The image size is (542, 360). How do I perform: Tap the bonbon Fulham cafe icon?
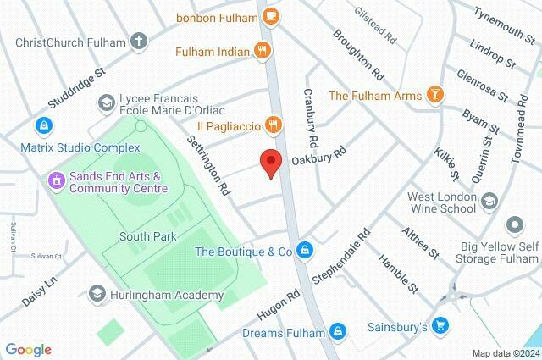pyautogui.click(x=270, y=15)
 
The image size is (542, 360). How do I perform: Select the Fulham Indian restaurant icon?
pyautogui.click(x=263, y=52)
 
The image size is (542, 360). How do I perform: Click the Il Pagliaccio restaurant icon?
pyautogui.click(x=272, y=125)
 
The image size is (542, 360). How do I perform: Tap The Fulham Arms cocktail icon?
pyautogui.click(x=434, y=95)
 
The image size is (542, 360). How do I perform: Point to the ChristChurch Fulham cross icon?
pyautogui.click(x=138, y=40)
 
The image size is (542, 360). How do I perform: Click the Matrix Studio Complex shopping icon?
pyautogui.click(x=41, y=125)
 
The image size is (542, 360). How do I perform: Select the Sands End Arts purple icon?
pyautogui.click(x=56, y=179)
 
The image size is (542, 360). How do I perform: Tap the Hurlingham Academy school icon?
pyautogui.click(x=97, y=295)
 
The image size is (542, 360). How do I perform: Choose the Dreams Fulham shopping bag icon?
pyautogui.click(x=338, y=332)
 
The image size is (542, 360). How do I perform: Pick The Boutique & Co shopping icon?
pyautogui.click(x=305, y=252)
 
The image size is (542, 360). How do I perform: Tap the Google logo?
pyautogui.click(x=28, y=349)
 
